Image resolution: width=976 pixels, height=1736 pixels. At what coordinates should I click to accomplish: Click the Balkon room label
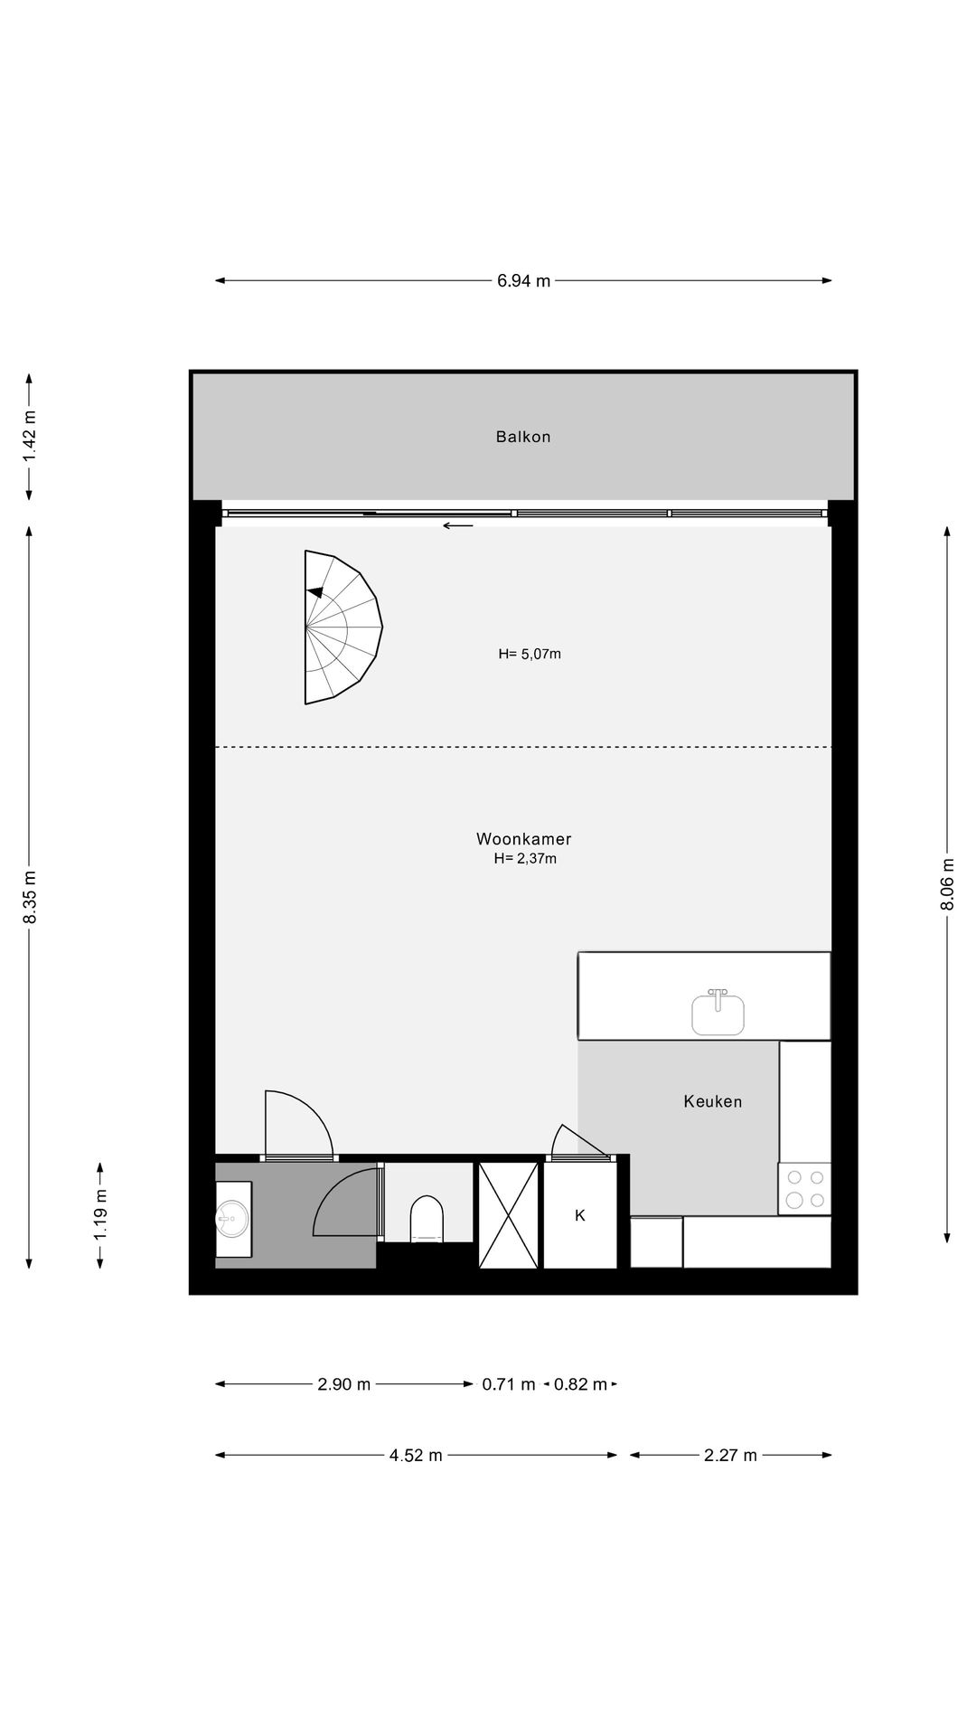[x=522, y=437]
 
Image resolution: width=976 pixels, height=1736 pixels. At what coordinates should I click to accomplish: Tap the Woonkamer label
[x=523, y=839]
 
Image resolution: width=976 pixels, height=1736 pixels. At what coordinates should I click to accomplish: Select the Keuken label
[x=712, y=1101]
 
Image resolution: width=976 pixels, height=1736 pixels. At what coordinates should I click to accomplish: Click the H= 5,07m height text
[x=530, y=654]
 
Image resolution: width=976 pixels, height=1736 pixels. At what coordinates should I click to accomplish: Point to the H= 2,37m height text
[x=524, y=859]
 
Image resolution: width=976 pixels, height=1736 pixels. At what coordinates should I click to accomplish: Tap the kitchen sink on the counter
[x=718, y=1013]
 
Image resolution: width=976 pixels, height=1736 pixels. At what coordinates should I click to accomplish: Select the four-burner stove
[x=804, y=1188]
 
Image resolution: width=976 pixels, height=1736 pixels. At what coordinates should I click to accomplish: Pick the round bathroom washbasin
[x=231, y=1218]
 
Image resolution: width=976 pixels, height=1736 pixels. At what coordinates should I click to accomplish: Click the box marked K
[x=580, y=1215]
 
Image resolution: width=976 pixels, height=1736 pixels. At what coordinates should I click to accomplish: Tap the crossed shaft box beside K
[x=508, y=1215]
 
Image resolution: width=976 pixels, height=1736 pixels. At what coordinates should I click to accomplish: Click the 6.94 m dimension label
[x=523, y=280]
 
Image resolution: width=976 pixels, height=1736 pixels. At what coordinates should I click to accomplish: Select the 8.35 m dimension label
[x=30, y=896]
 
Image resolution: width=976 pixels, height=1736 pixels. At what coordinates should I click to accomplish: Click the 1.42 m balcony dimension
[x=30, y=437]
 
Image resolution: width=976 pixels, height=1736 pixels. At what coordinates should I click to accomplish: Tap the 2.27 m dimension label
[x=730, y=1455]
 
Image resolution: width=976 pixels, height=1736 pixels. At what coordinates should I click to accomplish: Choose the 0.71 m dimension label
[x=508, y=1384]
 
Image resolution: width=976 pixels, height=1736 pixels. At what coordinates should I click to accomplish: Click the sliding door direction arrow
[x=458, y=524]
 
